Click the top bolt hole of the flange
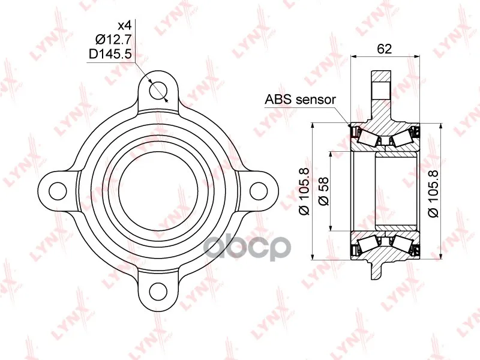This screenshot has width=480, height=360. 158,90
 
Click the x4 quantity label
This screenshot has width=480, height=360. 125,25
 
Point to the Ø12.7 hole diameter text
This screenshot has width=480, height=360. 113,40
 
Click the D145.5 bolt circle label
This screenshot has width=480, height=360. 110,54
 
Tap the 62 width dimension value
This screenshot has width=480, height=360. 385,49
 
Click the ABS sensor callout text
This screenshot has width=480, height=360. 301,100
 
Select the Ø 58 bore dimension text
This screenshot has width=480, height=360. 323,191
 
